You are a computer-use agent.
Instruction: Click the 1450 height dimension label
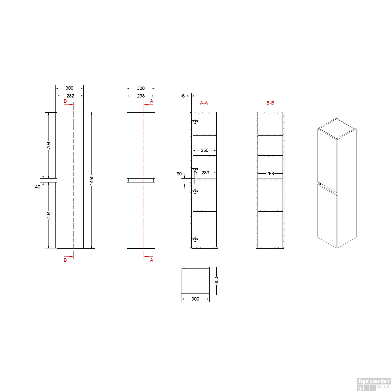coord(91,180)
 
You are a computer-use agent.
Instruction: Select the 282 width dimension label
coord(70,96)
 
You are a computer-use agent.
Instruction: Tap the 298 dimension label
coord(141,96)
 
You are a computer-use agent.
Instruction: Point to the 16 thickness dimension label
coord(182,96)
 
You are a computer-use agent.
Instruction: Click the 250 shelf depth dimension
coord(204,150)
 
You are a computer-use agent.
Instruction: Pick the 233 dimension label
coord(205,173)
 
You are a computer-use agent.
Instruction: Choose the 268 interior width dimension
coord(270,174)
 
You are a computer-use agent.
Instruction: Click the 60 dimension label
coord(179,174)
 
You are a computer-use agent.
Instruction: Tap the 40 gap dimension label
coord(38,187)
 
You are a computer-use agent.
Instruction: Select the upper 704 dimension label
coord(48,145)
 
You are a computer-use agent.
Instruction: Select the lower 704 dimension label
coord(48,215)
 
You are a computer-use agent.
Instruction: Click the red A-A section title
coord(204,103)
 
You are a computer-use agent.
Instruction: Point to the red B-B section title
coord(270,103)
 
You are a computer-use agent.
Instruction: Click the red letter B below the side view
coord(65,260)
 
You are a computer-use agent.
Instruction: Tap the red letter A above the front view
coord(151,101)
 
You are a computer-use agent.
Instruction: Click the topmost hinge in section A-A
coord(195,121)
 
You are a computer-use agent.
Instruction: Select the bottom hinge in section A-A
coord(195,239)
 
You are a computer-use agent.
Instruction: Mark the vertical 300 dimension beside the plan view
coord(217,281)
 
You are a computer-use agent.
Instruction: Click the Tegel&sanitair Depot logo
coord(374,384)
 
